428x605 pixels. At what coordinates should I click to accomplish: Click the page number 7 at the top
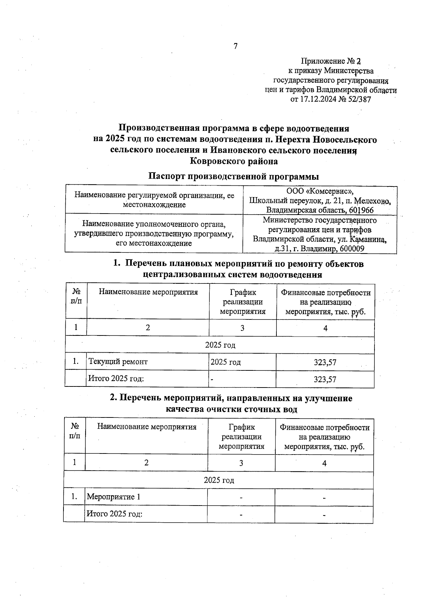click(x=235, y=46)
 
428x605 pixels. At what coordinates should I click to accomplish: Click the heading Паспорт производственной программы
click(x=233, y=176)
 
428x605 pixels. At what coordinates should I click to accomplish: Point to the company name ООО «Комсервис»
click(x=320, y=191)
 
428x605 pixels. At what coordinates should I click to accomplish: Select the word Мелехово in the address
click(x=374, y=200)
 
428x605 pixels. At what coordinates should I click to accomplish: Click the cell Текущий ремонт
click(x=118, y=362)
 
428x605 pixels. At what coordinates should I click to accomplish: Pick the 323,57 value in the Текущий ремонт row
click(x=325, y=363)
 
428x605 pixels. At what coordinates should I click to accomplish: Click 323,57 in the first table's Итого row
click(x=325, y=380)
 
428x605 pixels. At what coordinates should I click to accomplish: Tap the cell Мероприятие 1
click(x=113, y=497)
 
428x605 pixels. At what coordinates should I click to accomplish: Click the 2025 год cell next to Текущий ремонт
click(x=226, y=362)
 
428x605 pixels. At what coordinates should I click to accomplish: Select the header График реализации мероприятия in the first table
click(x=243, y=302)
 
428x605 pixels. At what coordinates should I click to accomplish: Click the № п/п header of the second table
click(x=75, y=431)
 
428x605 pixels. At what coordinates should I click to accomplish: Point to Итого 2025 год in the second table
click(x=115, y=514)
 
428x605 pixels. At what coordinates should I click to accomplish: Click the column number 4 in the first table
click(x=325, y=328)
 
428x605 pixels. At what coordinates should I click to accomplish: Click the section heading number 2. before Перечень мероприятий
click(x=114, y=398)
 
